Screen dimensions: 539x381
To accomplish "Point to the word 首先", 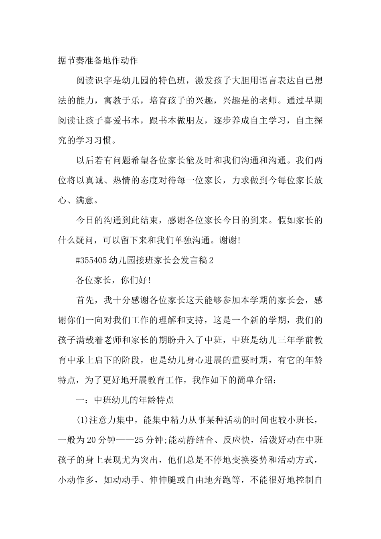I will (85, 300).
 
